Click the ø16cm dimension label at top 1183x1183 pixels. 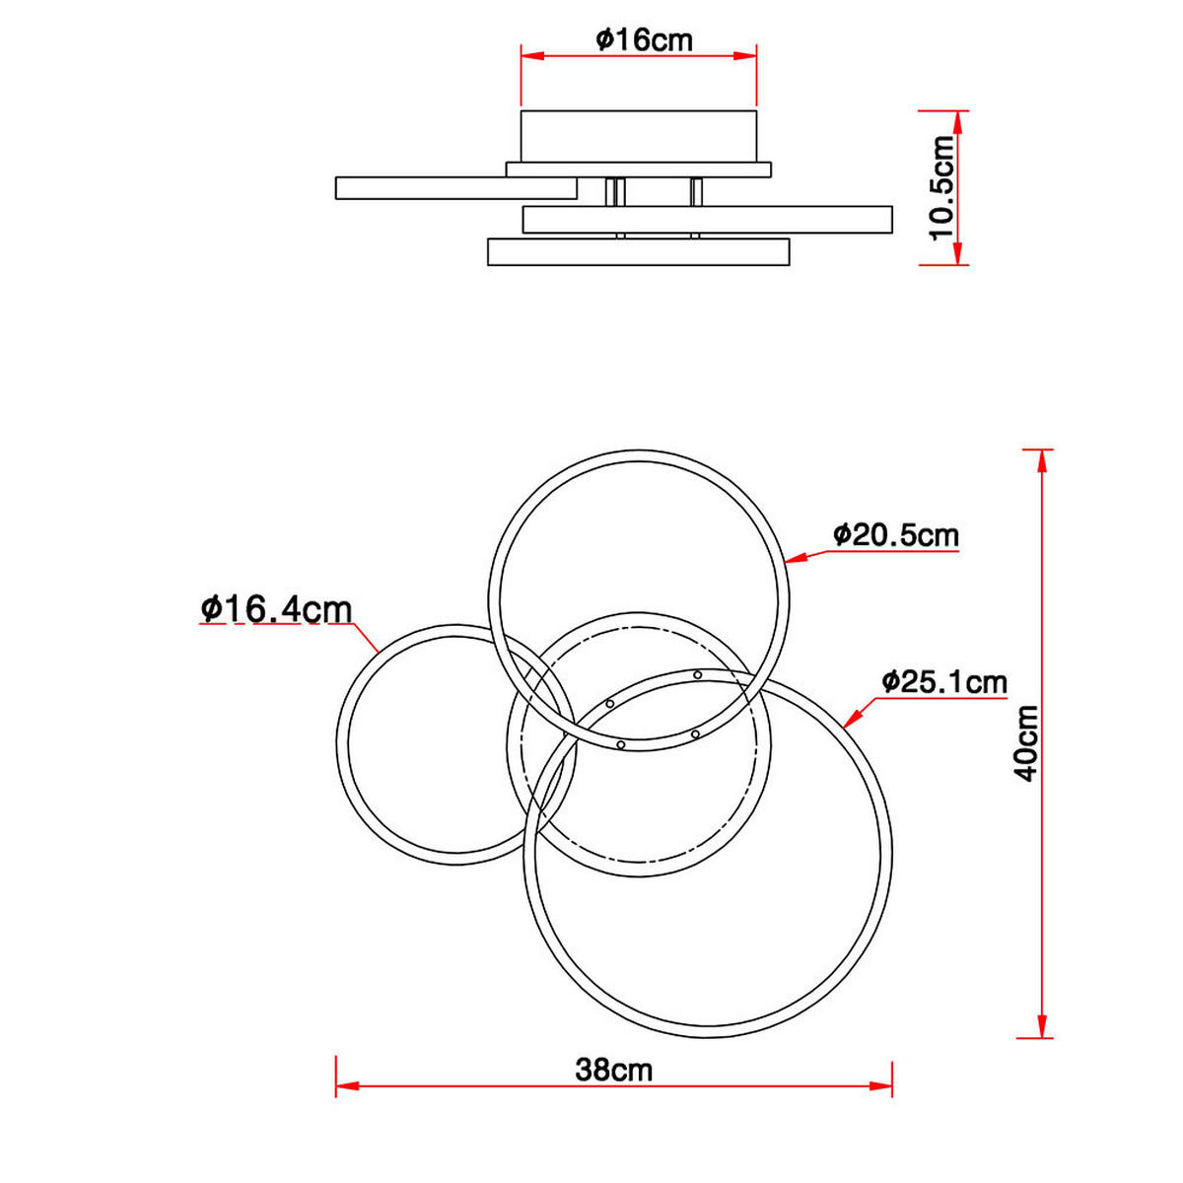coord(644,39)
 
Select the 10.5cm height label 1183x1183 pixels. coord(943,187)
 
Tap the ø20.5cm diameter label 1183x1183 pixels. coord(895,535)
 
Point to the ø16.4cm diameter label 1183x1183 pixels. coord(276,609)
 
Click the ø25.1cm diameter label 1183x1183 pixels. coord(944,682)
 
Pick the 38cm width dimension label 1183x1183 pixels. coord(613,1070)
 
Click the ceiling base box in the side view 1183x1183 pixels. coord(639,137)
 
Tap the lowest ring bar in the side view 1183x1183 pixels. coord(639,251)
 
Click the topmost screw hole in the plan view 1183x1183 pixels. coord(698,675)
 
